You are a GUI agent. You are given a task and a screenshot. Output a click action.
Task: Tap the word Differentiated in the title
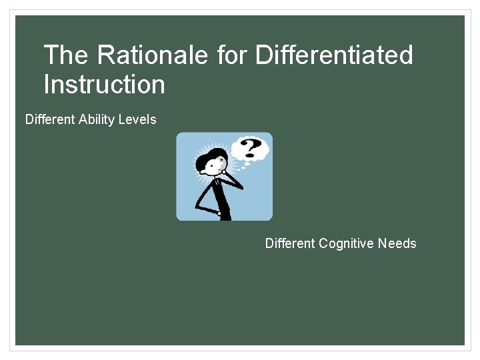pyautogui.click(x=334, y=55)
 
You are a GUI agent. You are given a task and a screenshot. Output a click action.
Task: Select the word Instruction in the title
pyautogui.click(x=104, y=85)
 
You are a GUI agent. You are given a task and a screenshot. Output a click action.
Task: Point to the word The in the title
pyautogui.click(x=64, y=55)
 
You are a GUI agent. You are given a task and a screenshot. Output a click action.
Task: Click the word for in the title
pyautogui.click(x=232, y=55)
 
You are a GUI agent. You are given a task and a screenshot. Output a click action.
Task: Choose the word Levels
pyautogui.click(x=139, y=120)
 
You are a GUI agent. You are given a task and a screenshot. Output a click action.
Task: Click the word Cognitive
pyautogui.click(x=346, y=243)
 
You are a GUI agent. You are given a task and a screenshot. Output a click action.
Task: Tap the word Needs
pyautogui.click(x=397, y=243)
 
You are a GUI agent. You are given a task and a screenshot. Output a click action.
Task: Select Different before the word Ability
pyautogui.click(x=50, y=120)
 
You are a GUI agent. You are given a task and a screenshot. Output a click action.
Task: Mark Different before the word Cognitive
pyautogui.click(x=290, y=243)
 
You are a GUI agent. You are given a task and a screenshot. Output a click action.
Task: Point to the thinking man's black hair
pyautogui.click(x=212, y=157)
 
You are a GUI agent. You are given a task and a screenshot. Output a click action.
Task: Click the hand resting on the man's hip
pyautogui.click(x=218, y=213)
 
